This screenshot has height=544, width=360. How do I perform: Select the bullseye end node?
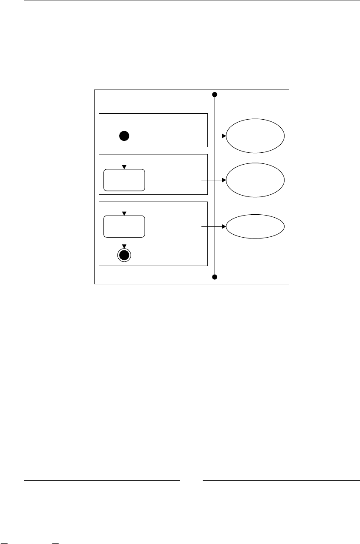coord(124,255)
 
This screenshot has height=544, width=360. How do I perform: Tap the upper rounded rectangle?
coord(124,180)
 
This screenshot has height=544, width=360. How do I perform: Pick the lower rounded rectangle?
coord(124,227)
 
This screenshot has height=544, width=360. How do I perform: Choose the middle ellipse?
coord(255,180)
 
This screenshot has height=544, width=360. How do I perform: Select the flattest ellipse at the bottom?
coord(255,227)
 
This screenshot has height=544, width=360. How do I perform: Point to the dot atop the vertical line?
coord(215,94)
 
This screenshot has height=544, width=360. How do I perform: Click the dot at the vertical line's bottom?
coord(215,277)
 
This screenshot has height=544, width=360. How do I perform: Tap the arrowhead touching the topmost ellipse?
coord(223,136)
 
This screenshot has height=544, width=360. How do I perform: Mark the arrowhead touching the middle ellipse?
coord(223,180)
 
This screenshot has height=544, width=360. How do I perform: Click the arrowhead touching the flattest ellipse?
coord(223,227)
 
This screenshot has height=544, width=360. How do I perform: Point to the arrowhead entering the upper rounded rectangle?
coord(124,167)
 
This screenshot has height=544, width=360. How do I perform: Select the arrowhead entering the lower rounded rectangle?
coord(124,213)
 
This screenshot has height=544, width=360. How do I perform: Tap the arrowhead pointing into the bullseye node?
coord(124,246)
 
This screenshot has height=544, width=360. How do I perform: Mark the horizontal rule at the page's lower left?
coord(102,481)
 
